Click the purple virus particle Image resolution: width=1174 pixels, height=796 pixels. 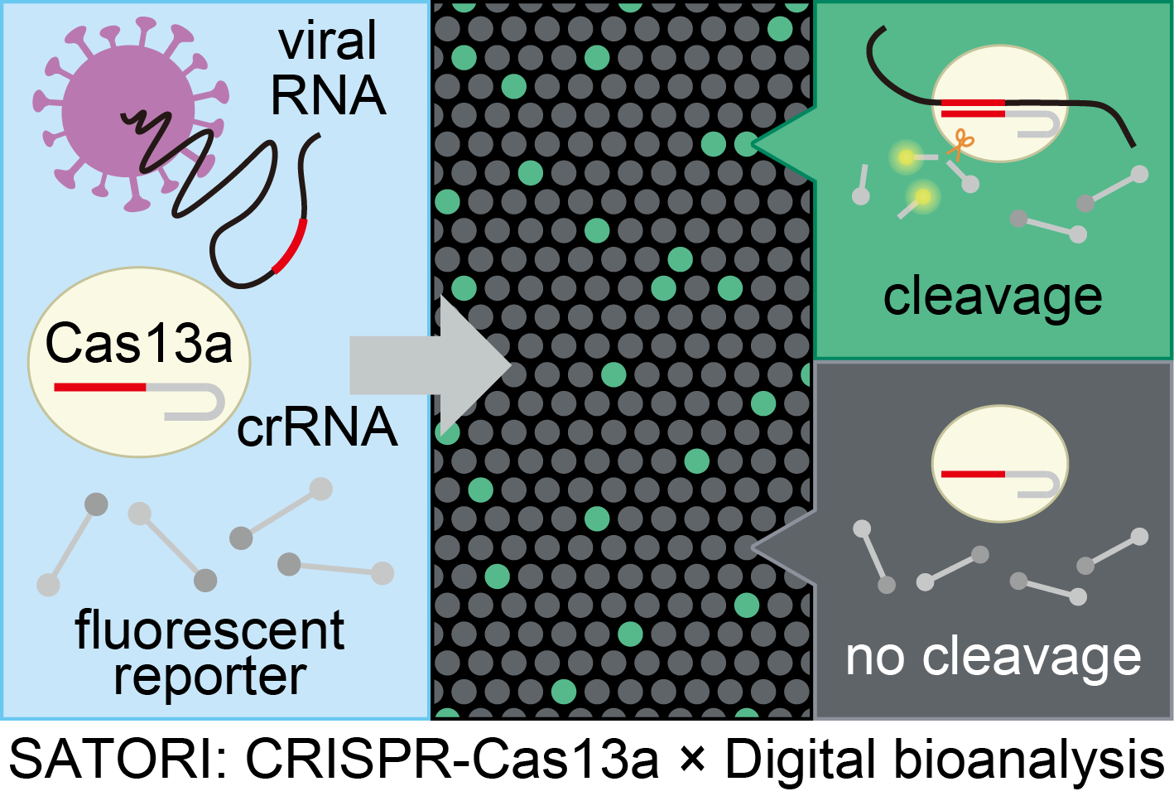point(128,113)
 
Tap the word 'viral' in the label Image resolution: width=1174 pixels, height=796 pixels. point(328,41)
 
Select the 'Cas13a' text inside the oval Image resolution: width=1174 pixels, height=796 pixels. point(139,344)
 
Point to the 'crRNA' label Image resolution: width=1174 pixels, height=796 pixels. point(317,427)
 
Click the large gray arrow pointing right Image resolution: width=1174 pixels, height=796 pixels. point(430,365)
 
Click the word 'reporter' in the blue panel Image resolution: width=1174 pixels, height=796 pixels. point(210,678)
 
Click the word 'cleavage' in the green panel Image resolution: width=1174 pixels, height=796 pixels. point(993,297)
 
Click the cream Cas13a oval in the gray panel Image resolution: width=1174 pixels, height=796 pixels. point(1000,463)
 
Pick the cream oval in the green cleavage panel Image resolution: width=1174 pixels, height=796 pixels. point(1000,104)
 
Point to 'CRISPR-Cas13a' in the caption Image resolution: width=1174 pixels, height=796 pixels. point(452,760)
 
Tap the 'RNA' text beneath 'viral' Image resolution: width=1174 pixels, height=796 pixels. point(329,95)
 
